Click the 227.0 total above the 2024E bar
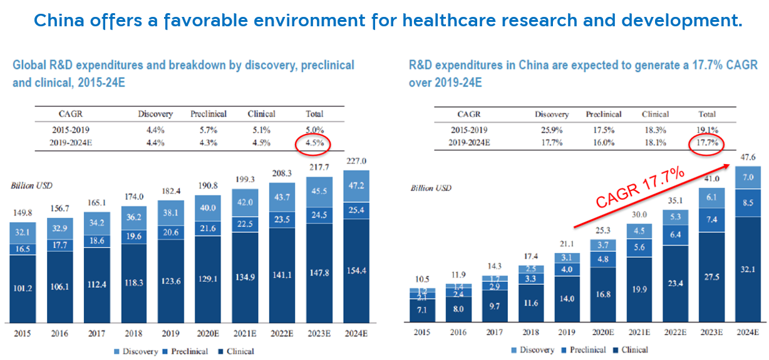tap(356, 161)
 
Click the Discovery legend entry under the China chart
tap(536, 350)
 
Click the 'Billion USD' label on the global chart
tap(31, 186)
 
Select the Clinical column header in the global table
tap(261, 114)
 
